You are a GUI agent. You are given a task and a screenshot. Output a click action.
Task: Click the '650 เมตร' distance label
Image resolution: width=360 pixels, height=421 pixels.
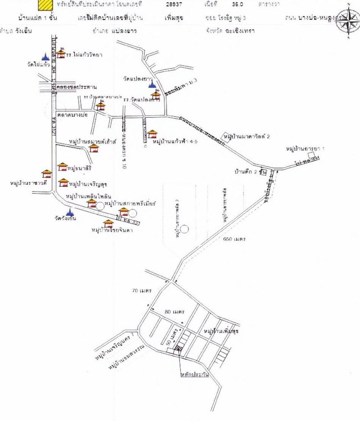(234, 239)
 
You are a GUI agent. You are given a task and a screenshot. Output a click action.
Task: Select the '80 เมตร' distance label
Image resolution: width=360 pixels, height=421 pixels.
(175, 312)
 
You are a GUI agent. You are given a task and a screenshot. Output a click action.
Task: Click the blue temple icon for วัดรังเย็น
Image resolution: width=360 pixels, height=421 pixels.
(69, 212)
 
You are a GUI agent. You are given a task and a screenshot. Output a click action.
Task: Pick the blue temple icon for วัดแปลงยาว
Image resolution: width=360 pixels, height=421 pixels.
(152, 83)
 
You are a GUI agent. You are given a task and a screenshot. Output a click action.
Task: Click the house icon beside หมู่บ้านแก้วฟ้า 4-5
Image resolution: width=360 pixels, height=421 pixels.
(152, 134)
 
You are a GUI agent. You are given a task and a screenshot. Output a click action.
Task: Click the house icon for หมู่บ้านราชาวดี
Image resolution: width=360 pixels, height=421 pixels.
(47, 174)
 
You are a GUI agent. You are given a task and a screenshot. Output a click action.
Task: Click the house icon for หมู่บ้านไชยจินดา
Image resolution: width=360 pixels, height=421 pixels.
(108, 224)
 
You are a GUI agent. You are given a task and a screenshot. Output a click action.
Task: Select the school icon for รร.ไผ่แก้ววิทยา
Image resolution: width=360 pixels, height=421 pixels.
(61, 53)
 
